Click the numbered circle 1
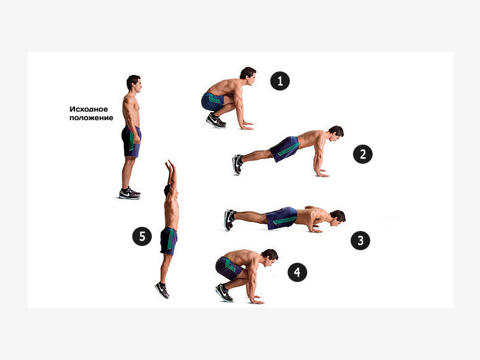click(280, 81)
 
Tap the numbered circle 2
click(363, 154)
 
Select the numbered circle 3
click(361, 241)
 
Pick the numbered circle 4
click(297, 272)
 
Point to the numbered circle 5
click(142, 236)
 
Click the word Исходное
click(89, 109)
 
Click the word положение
click(91, 118)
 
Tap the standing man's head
click(134, 83)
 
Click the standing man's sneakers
click(130, 193)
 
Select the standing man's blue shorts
click(131, 141)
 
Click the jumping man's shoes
click(163, 290)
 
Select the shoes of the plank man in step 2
click(238, 164)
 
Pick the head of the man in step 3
click(337, 218)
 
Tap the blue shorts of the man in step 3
click(281, 218)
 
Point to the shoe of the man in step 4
click(224, 292)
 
